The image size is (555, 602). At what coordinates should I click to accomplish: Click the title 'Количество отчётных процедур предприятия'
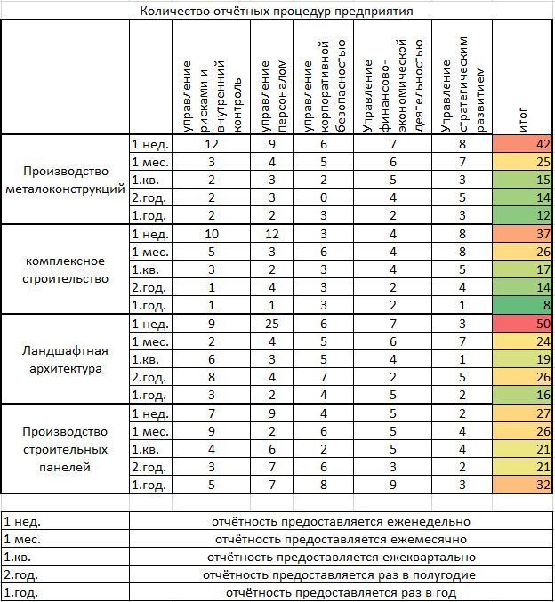point(276,11)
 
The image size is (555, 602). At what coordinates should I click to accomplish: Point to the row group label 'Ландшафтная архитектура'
point(65,359)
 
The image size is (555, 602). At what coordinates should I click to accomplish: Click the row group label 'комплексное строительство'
point(65,269)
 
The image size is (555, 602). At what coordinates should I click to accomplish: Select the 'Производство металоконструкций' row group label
point(65,180)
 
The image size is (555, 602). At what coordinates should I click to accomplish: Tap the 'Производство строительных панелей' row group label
point(65,449)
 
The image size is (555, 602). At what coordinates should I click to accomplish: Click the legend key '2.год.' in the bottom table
point(22,574)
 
